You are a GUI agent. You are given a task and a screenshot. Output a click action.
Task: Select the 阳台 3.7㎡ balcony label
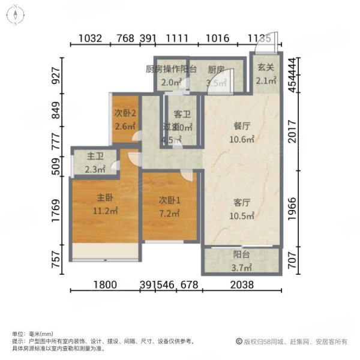[x=242, y=254]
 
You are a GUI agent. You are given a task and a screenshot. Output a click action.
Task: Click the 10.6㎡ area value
[x=242, y=140]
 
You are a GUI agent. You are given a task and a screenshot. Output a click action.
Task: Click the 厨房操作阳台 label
[x=171, y=70]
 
